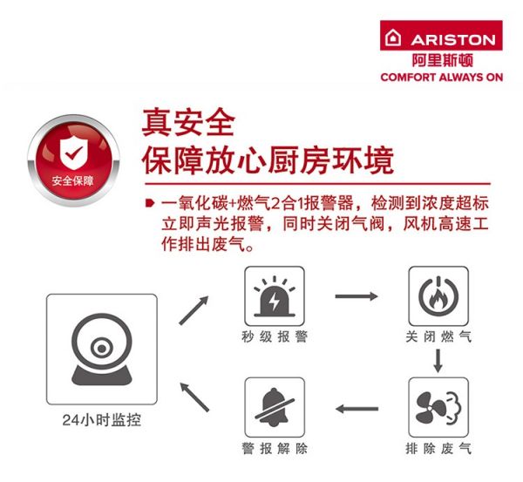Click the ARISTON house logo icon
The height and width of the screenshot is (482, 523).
point(393,37)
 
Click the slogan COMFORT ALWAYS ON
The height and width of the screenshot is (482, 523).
point(442,78)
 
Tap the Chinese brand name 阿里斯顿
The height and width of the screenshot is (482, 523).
point(442,60)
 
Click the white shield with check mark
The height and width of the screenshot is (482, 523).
point(74,153)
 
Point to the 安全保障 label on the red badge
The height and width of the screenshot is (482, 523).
point(72,180)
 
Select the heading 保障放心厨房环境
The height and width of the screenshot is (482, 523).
point(268,160)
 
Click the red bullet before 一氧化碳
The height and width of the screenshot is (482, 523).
point(150,203)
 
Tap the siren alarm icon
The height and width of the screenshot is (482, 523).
point(275,296)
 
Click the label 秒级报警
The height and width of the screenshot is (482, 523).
point(275,336)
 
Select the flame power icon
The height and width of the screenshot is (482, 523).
point(438,296)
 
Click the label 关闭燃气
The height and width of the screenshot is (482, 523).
point(438,336)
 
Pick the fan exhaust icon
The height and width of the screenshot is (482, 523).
point(438,408)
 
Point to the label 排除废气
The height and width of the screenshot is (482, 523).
point(438,448)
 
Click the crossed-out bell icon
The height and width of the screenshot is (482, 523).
point(275,407)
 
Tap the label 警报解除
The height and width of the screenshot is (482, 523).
point(275,448)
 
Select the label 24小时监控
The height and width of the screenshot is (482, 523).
point(102,420)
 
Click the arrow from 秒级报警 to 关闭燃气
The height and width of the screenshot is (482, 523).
point(357,296)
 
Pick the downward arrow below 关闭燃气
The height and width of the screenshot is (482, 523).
point(438,361)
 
